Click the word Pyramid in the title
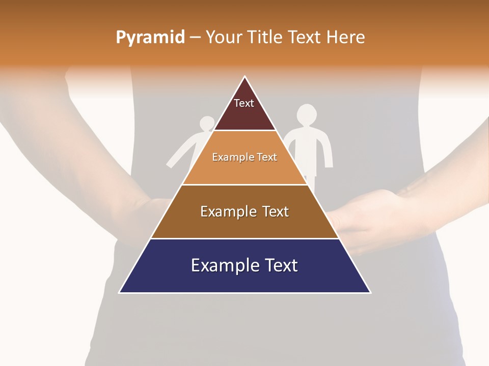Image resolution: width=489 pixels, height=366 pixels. (150, 38)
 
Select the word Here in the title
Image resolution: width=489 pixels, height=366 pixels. (346, 37)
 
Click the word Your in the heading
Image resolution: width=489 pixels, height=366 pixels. (224, 37)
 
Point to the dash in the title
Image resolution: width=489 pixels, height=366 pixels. (195, 38)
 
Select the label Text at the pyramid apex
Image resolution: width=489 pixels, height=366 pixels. (244, 103)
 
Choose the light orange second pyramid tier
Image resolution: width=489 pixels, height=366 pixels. (244, 170)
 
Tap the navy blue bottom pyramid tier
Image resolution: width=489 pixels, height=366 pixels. (244, 280)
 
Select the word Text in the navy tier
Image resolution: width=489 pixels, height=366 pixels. (280, 265)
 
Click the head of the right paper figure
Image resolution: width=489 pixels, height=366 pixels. (307, 114)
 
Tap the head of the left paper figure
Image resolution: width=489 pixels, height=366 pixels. (207, 123)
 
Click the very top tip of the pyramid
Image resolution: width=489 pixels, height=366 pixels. (244, 77)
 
